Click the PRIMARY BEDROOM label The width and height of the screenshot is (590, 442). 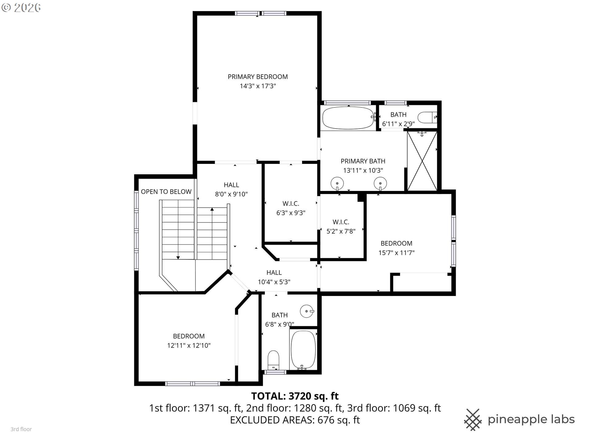258,77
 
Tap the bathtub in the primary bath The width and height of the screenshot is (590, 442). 348,118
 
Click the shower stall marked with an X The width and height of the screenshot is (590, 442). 422,161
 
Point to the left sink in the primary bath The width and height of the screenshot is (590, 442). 337,184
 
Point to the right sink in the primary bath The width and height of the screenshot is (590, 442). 380,184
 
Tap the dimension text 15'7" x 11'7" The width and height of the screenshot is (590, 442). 396,253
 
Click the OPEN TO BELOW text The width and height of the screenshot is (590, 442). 166,192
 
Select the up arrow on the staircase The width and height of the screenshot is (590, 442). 212,209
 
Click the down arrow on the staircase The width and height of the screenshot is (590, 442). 178,258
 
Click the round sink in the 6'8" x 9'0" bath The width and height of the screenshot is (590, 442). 307,311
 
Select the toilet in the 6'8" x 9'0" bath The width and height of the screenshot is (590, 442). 273,359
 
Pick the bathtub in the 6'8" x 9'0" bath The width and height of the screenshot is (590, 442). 303,350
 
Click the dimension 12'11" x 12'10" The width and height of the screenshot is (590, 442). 189,345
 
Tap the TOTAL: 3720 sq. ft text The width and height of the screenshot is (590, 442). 295,396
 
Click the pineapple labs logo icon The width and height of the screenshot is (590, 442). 473,420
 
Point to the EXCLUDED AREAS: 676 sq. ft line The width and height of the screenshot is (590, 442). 295,420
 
